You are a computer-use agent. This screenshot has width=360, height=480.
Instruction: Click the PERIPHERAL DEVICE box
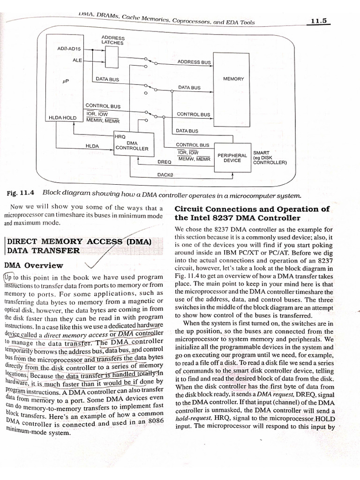tap(232, 157)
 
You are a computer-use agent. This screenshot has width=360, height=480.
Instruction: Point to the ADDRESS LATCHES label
tap(112, 40)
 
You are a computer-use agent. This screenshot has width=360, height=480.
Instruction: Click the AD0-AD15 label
tap(69, 49)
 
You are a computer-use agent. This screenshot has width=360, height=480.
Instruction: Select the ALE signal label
tap(77, 60)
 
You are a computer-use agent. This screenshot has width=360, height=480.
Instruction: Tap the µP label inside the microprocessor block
tap(66, 81)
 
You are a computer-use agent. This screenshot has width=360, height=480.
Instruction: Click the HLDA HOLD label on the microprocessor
tap(62, 118)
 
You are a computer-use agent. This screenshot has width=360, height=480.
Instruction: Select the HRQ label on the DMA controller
tap(120, 136)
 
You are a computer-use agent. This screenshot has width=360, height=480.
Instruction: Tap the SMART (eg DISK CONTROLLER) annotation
tap(269, 157)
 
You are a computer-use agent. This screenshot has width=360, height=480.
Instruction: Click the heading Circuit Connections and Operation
tap(252, 213)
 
